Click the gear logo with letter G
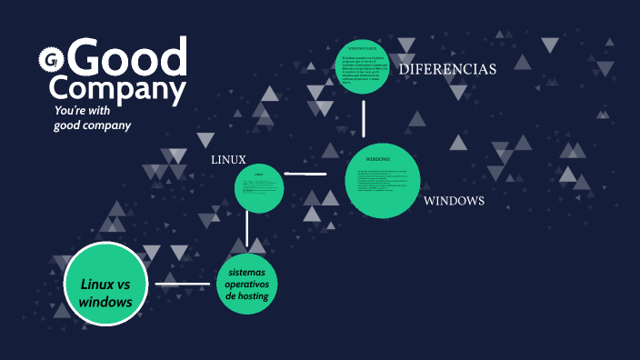(48, 61)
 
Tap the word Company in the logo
(117, 89)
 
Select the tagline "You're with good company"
(92, 118)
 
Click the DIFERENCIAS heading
(447, 69)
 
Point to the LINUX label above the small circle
(228, 159)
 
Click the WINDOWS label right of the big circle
(454, 200)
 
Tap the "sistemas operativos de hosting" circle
(247, 285)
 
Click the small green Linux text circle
(259, 189)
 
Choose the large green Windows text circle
(383, 181)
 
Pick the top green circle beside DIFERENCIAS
(362, 65)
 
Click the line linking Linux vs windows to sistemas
(183, 285)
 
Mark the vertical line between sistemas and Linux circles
(247, 231)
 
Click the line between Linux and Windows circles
(305, 173)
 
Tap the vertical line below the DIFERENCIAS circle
(364, 118)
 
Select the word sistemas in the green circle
(248, 272)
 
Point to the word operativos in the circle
(247, 285)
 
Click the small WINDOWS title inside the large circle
(383, 160)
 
